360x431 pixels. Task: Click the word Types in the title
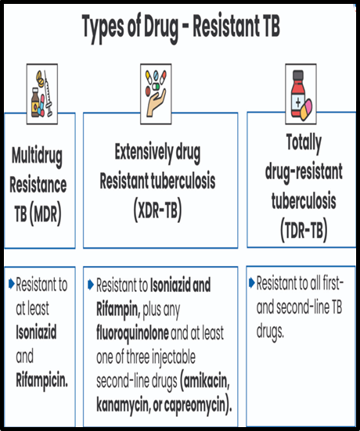click(x=103, y=27)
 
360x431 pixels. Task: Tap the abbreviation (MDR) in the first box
click(x=45, y=214)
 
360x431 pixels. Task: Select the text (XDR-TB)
click(x=157, y=210)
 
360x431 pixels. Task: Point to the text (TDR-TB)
click(x=304, y=230)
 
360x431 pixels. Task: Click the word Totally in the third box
click(x=304, y=143)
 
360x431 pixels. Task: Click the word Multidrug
click(x=37, y=156)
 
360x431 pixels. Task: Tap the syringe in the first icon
click(x=49, y=93)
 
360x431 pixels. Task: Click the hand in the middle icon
click(x=157, y=102)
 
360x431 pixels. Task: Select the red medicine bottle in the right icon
click(x=298, y=93)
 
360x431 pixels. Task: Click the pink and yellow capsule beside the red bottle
click(x=306, y=110)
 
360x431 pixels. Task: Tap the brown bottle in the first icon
click(x=35, y=102)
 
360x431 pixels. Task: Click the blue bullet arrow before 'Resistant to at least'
click(x=12, y=284)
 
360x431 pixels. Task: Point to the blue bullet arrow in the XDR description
click(x=91, y=285)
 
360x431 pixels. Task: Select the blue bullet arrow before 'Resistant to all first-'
click(x=252, y=283)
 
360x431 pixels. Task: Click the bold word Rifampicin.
click(x=41, y=381)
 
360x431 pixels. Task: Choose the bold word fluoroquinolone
click(x=132, y=333)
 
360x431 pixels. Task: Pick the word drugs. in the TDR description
click(x=270, y=332)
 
